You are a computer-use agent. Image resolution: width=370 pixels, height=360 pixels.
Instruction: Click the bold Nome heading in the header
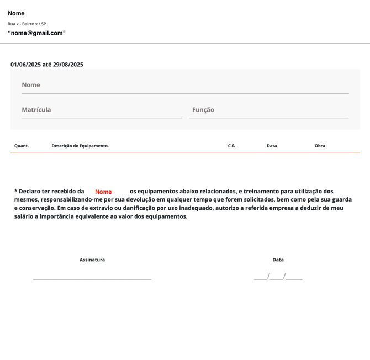point(16,13)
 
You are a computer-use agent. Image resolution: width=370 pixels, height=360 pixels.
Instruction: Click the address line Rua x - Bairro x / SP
point(27,24)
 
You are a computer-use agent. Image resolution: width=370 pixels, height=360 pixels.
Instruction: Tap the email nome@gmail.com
point(36,33)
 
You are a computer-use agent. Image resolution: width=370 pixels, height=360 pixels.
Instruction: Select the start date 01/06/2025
point(25,65)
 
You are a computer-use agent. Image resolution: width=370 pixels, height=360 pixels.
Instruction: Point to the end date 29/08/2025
point(68,65)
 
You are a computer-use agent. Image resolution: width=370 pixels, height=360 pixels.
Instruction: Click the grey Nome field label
point(31,85)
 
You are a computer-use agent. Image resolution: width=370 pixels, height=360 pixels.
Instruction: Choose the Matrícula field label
point(36,110)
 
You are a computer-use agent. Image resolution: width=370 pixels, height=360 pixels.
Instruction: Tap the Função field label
point(203,110)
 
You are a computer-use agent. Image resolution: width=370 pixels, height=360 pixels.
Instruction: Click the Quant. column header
point(22,146)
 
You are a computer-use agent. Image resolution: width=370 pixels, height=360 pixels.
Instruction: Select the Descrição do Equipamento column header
point(80,146)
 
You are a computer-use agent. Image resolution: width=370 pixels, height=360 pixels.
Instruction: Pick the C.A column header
point(231,146)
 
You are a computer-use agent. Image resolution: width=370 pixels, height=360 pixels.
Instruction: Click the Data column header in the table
point(272,146)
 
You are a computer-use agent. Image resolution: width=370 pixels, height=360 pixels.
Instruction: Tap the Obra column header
point(320,146)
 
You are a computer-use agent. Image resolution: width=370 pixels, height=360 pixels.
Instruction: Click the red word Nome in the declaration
point(103,192)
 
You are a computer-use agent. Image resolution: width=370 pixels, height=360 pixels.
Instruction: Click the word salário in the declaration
point(26,216)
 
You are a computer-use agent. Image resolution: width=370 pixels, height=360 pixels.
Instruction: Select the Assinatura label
point(92,260)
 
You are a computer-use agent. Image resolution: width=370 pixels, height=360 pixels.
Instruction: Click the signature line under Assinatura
point(92,279)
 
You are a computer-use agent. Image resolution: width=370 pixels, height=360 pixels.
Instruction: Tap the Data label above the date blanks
point(278,260)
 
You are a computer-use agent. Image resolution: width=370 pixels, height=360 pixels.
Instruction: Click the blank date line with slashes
point(278,277)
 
